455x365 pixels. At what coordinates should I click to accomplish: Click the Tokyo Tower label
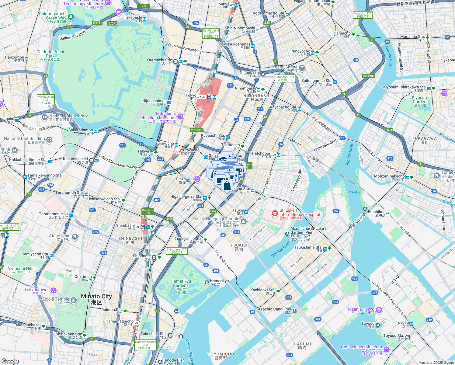click(36, 291)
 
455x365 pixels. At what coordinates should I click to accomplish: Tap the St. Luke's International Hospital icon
click(275, 214)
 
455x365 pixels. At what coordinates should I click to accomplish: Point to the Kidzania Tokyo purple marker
click(379, 310)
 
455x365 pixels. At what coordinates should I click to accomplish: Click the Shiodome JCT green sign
click(177, 251)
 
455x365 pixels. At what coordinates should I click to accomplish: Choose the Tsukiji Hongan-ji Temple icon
click(243, 222)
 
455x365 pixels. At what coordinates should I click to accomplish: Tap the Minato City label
click(96, 299)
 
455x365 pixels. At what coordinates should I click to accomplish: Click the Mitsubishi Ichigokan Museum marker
click(180, 116)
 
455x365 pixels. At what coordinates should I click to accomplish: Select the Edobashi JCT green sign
click(285, 78)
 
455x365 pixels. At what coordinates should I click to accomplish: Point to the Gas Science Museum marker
click(386, 349)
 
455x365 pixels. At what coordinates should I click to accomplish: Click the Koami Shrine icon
click(302, 68)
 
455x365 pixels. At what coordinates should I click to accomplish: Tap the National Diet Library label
click(68, 118)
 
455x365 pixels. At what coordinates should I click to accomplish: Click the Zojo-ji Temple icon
click(73, 301)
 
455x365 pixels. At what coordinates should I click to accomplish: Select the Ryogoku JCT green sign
click(363, 15)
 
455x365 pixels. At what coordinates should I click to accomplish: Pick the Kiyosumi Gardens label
click(421, 102)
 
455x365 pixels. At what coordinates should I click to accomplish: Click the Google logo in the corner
click(10, 361)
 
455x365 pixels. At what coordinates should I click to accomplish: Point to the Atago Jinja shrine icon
click(75, 237)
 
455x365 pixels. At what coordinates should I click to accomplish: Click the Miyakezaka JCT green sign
click(46, 100)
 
